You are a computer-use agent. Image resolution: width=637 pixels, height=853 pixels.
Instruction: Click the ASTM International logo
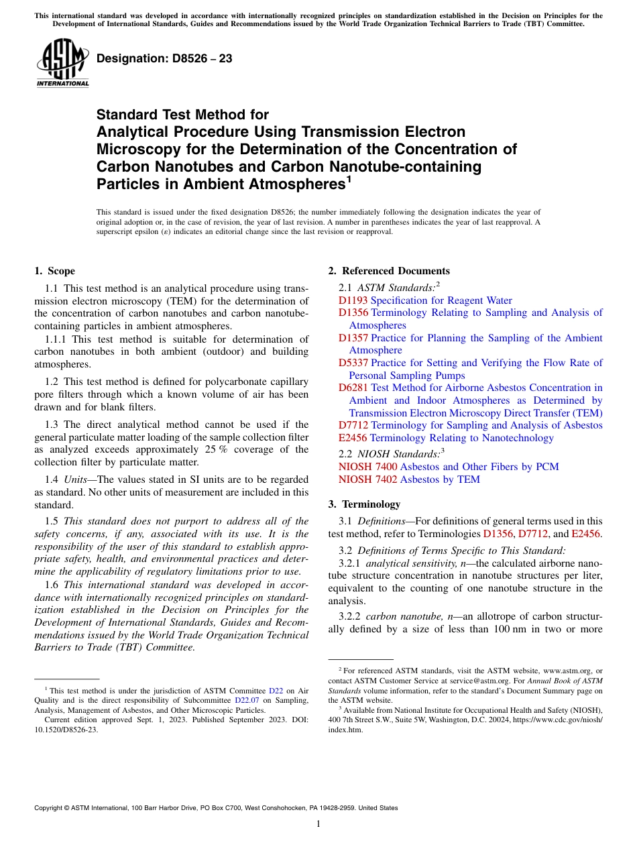[x=62, y=64]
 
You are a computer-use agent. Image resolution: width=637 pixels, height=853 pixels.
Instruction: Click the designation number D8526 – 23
[x=164, y=58]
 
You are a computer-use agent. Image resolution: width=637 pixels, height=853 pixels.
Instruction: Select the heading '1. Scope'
[x=54, y=271]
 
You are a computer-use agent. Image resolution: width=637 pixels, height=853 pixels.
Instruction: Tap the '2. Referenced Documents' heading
[x=389, y=271]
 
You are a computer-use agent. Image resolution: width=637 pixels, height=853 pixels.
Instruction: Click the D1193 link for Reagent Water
[x=353, y=300]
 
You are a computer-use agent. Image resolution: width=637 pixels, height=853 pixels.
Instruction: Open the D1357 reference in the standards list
[x=353, y=338]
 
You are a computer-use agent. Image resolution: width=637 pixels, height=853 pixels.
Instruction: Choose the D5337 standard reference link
[x=353, y=363]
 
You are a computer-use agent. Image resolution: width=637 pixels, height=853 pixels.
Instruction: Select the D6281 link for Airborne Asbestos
[x=353, y=388]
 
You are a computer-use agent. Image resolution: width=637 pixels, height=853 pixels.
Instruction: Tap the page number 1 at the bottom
[x=318, y=824]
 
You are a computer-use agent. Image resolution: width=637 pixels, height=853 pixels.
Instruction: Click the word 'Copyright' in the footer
[x=48, y=808]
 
